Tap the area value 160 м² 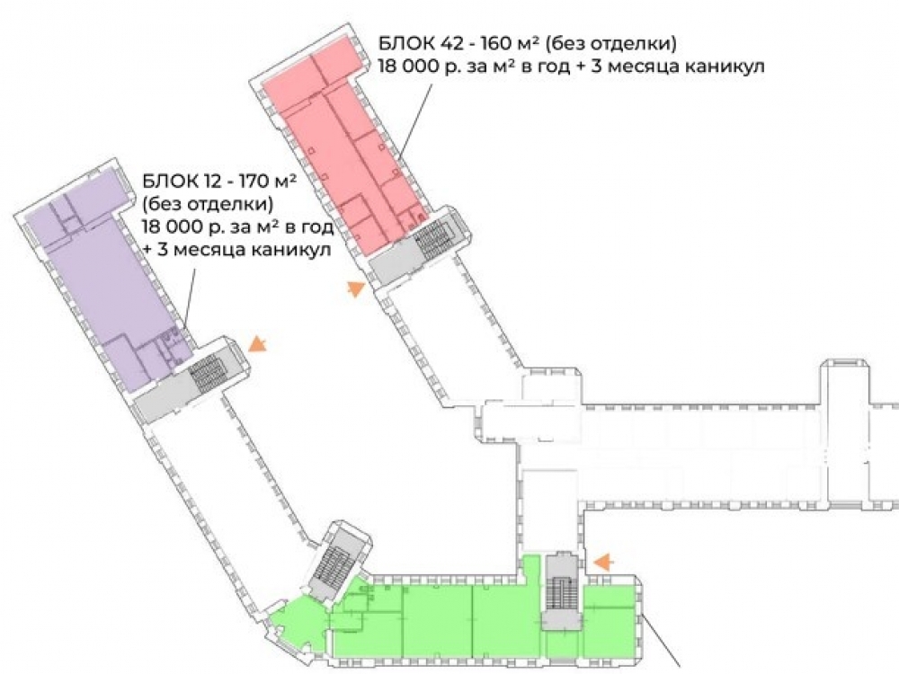[x=510, y=43]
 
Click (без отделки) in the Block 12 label [x=208, y=204]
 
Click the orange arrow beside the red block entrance [x=355, y=288]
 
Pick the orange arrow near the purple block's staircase [x=257, y=344]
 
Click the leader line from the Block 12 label [x=191, y=300]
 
